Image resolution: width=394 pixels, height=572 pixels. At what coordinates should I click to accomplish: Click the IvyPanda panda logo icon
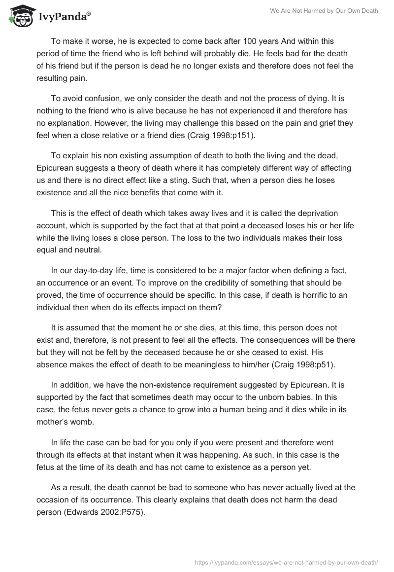point(19,16)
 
